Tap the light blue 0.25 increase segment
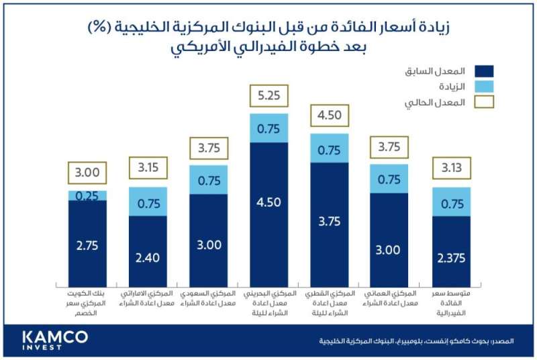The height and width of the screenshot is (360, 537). tap(87, 195)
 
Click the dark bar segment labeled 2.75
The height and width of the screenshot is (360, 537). tap(87, 244)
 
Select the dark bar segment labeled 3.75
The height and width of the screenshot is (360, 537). tap(329, 222)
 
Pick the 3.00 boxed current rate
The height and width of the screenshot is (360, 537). tap(87, 173)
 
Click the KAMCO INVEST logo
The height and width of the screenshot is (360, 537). tap(54, 339)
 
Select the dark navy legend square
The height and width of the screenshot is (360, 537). tap(483, 71)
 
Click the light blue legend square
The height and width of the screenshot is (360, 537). tap(483, 87)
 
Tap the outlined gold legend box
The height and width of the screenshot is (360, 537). tap(483, 103)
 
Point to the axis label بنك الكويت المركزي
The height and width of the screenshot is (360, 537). tap(87, 300)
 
